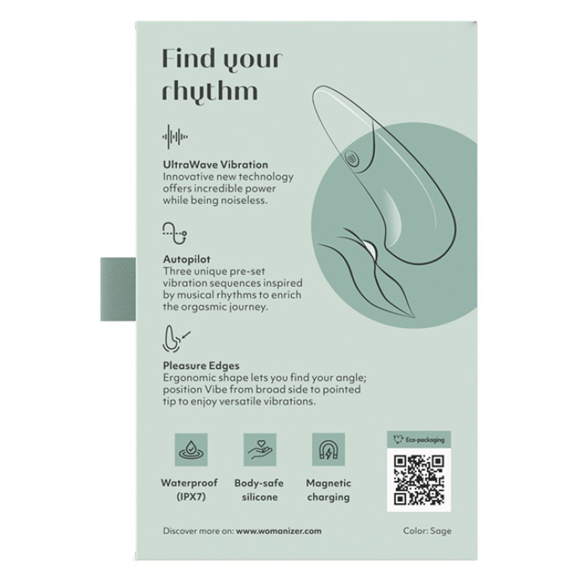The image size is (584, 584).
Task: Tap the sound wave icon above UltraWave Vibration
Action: pyautogui.click(x=175, y=137)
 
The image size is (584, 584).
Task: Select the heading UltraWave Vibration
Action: pyautogui.click(x=215, y=164)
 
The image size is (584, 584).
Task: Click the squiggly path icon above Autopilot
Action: pyautogui.click(x=174, y=233)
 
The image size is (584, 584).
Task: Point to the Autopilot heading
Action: pyautogui.click(x=187, y=259)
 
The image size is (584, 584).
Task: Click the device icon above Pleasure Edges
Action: pyautogui.click(x=176, y=339)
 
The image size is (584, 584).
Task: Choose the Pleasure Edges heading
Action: pyautogui.click(x=201, y=366)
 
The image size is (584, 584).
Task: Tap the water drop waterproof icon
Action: pyautogui.click(x=191, y=449)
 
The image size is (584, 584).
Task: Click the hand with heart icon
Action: pyautogui.click(x=260, y=449)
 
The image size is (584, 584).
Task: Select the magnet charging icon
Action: pyautogui.click(x=329, y=449)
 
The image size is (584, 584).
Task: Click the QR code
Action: pyautogui.click(x=419, y=480)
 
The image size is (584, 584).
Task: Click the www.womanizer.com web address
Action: pyautogui.click(x=279, y=531)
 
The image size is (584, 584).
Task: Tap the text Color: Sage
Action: pyautogui.click(x=427, y=531)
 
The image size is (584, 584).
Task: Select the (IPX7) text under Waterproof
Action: pyautogui.click(x=191, y=497)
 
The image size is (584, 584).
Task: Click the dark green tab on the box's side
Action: pyautogui.click(x=118, y=289)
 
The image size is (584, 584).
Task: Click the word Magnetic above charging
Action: pyautogui.click(x=329, y=483)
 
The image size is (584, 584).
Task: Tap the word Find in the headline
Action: pyautogui.click(x=189, y=59)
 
